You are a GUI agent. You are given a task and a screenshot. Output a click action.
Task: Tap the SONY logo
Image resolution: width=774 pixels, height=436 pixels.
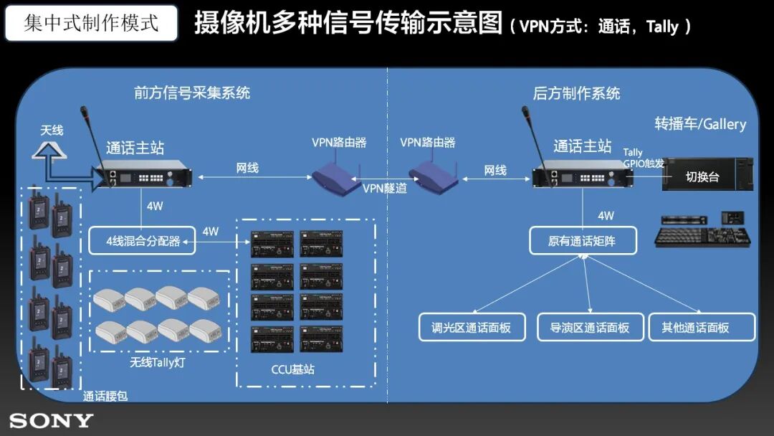click(51, 420)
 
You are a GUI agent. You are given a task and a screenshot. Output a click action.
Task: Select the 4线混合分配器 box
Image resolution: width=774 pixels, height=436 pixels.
click(143, 241)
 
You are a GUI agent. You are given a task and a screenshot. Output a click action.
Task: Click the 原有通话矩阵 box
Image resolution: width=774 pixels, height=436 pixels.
click(582, 241)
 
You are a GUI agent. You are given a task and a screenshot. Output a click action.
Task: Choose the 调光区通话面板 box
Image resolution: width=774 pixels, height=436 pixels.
click(472, 327)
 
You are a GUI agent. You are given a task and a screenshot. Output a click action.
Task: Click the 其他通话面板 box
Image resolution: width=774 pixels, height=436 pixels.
click(702, 327)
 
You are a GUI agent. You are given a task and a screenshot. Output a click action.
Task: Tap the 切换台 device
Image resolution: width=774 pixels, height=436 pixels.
click(707, 176)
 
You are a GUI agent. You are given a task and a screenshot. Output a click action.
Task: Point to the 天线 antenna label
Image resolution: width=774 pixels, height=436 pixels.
click(52, 131)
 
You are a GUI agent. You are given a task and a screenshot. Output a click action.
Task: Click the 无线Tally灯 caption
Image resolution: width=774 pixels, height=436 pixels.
click(158, 362)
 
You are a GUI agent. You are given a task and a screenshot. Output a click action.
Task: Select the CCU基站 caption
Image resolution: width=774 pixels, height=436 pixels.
click(292, 370)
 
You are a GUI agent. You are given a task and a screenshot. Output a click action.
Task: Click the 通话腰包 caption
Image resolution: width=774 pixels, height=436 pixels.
click(105, 396)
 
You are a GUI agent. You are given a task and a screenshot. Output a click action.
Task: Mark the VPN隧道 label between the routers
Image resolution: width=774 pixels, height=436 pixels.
click(384, 189)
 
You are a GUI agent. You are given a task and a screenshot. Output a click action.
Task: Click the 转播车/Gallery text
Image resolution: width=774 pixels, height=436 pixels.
click(700, 124)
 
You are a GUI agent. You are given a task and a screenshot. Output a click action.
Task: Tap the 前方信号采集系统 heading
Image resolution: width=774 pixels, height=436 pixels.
click(192, 93)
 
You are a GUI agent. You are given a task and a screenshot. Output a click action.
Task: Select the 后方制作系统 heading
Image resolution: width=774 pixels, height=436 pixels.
click(576, 93)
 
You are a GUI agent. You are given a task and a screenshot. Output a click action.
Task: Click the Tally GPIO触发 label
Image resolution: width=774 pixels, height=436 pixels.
click(643, 158)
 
